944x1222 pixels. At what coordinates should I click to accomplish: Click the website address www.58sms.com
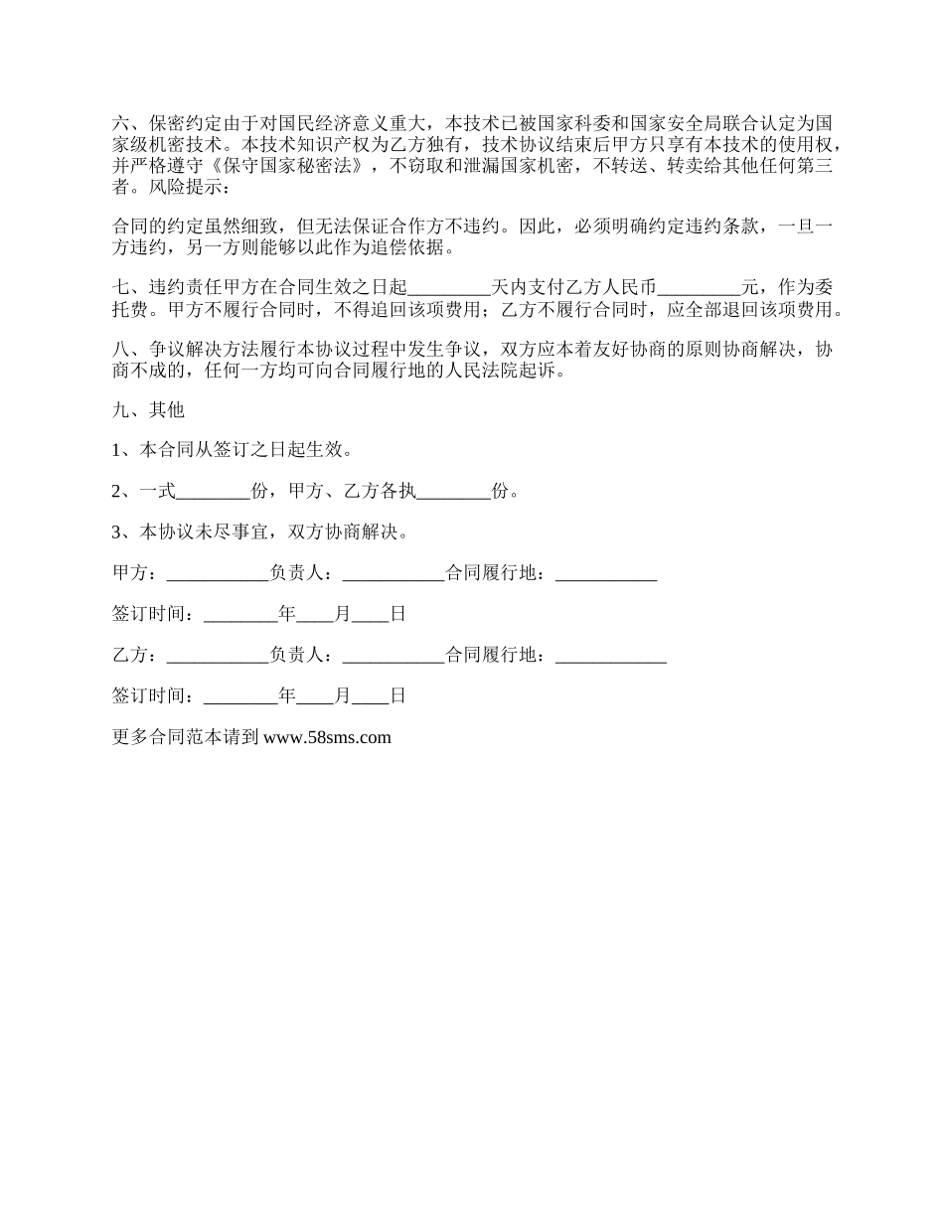(x=327, y=737)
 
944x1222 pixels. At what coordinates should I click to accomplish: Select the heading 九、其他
(x=149, y=409)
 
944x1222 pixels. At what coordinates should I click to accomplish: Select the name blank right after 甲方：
(x=218, y=573)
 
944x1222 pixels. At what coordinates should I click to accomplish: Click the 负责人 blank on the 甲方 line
(x=393, y=573)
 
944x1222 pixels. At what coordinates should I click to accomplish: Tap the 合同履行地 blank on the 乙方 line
(x=610, y=656)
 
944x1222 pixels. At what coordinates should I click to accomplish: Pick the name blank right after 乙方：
(x=218, y=656)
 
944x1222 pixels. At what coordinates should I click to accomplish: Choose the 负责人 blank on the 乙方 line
(x=393, y=656)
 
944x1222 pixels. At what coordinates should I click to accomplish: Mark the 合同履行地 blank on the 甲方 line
(x=605, y=573)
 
